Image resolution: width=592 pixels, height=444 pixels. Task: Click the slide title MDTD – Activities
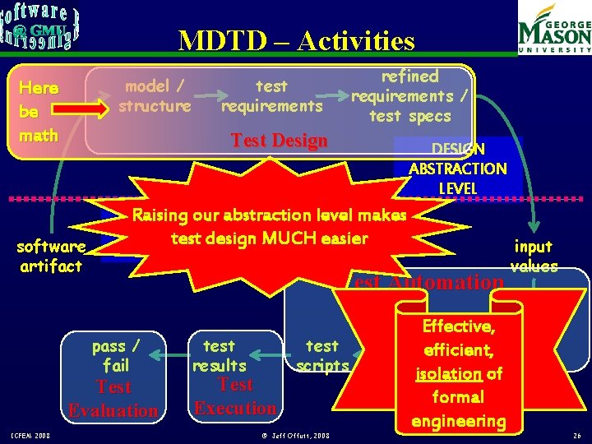[x=296, y=41]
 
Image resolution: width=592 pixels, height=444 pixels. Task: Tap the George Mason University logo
[x=553, y=30]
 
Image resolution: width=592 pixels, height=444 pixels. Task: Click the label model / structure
[x=155, y=95]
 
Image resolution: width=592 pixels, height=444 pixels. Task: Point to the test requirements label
[x=271, y=95]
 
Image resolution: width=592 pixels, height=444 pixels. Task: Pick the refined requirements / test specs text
[x=409, y=95]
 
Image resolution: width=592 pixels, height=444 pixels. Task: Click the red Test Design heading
[x=280, y=141]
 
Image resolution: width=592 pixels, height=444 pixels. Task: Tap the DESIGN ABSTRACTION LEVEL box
[x=458, y=169]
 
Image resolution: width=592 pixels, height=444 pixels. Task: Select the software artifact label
[x=51, y=256]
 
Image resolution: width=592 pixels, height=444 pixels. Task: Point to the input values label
[x=534, y=256]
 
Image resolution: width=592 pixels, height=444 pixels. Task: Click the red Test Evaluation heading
[x=113, y=399]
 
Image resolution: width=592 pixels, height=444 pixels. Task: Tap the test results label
[x=219, y=355]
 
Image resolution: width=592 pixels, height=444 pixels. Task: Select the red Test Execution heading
[x=235, y=396]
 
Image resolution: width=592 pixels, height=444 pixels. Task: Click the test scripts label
[x=322, y=355]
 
